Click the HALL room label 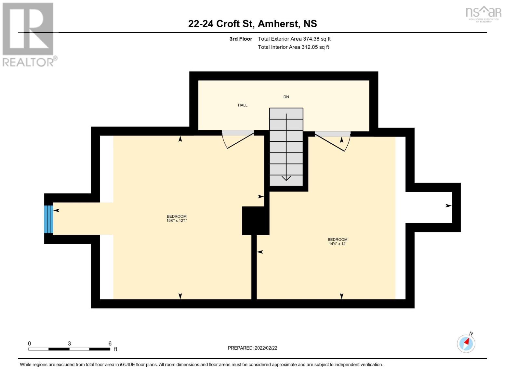click(x=243, y=105)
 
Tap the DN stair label click(x=286, y=97)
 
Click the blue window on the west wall click(x=49, y=219)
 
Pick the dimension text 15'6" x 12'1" click(x=177, y=221)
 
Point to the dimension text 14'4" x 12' click(x=337, y=244)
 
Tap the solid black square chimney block click(x=255, y=221)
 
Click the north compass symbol click(x=466, y=343)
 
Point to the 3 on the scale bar click(x=69, y=344)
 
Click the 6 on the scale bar click(x=110, y=344)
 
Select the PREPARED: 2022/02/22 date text click(x=252, y=348)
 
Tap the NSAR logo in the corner click(x=483, y=14)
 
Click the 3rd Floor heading click(x=241, y=39)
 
